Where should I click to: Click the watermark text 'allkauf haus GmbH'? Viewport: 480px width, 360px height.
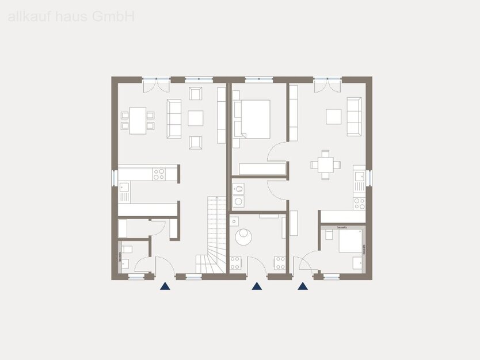pyautogui.click(x=71, y=17)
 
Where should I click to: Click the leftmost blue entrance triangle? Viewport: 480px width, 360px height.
pyautogui.click(x=165, y=286)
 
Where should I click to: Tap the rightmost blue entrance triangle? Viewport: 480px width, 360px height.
pyautogui.click(x=303, y=286)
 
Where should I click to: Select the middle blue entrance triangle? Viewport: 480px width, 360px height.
pyautogui.click(x=257, y=286)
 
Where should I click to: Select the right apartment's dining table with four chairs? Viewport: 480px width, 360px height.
pyautogui.click(x=326, y=164)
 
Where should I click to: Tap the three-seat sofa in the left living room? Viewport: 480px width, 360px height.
pyautogui.click(x=174, y=118)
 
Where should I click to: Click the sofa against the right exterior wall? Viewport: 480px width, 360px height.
pyautogui.click(x=354, y=116)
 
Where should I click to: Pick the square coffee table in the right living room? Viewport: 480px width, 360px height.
pyautogui.click(x=334, y=116)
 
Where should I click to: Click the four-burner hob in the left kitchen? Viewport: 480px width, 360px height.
pyautogui.click(x=158, y=174)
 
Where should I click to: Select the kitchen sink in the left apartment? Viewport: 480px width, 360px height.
pyautogui.click(x=124, y=190)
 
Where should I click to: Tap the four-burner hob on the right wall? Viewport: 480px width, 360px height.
pyautogui.click(x=359, y=202)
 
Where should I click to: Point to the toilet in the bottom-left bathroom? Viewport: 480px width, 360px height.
pyautogui.click(x=127, y=250)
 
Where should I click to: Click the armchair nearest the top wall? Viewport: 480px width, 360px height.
pyautogui.click(x=196, y=93)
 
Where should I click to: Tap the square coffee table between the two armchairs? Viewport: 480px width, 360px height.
pyautogui.click(x=196, y=118)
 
